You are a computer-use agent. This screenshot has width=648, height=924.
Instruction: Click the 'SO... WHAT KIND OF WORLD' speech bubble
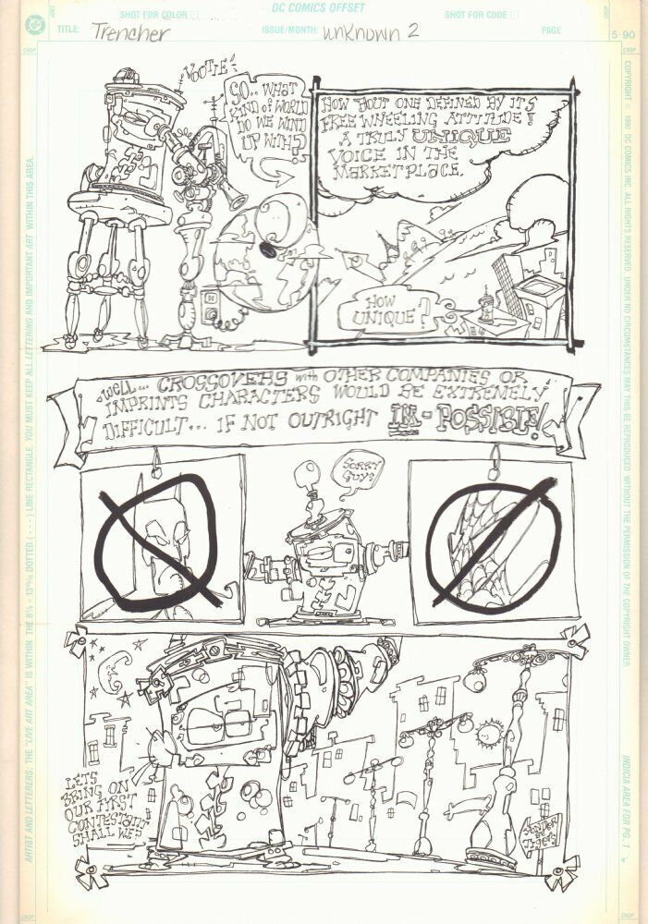tap(262, 123)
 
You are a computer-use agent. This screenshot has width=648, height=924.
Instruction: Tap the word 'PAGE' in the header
tap(551, 30)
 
